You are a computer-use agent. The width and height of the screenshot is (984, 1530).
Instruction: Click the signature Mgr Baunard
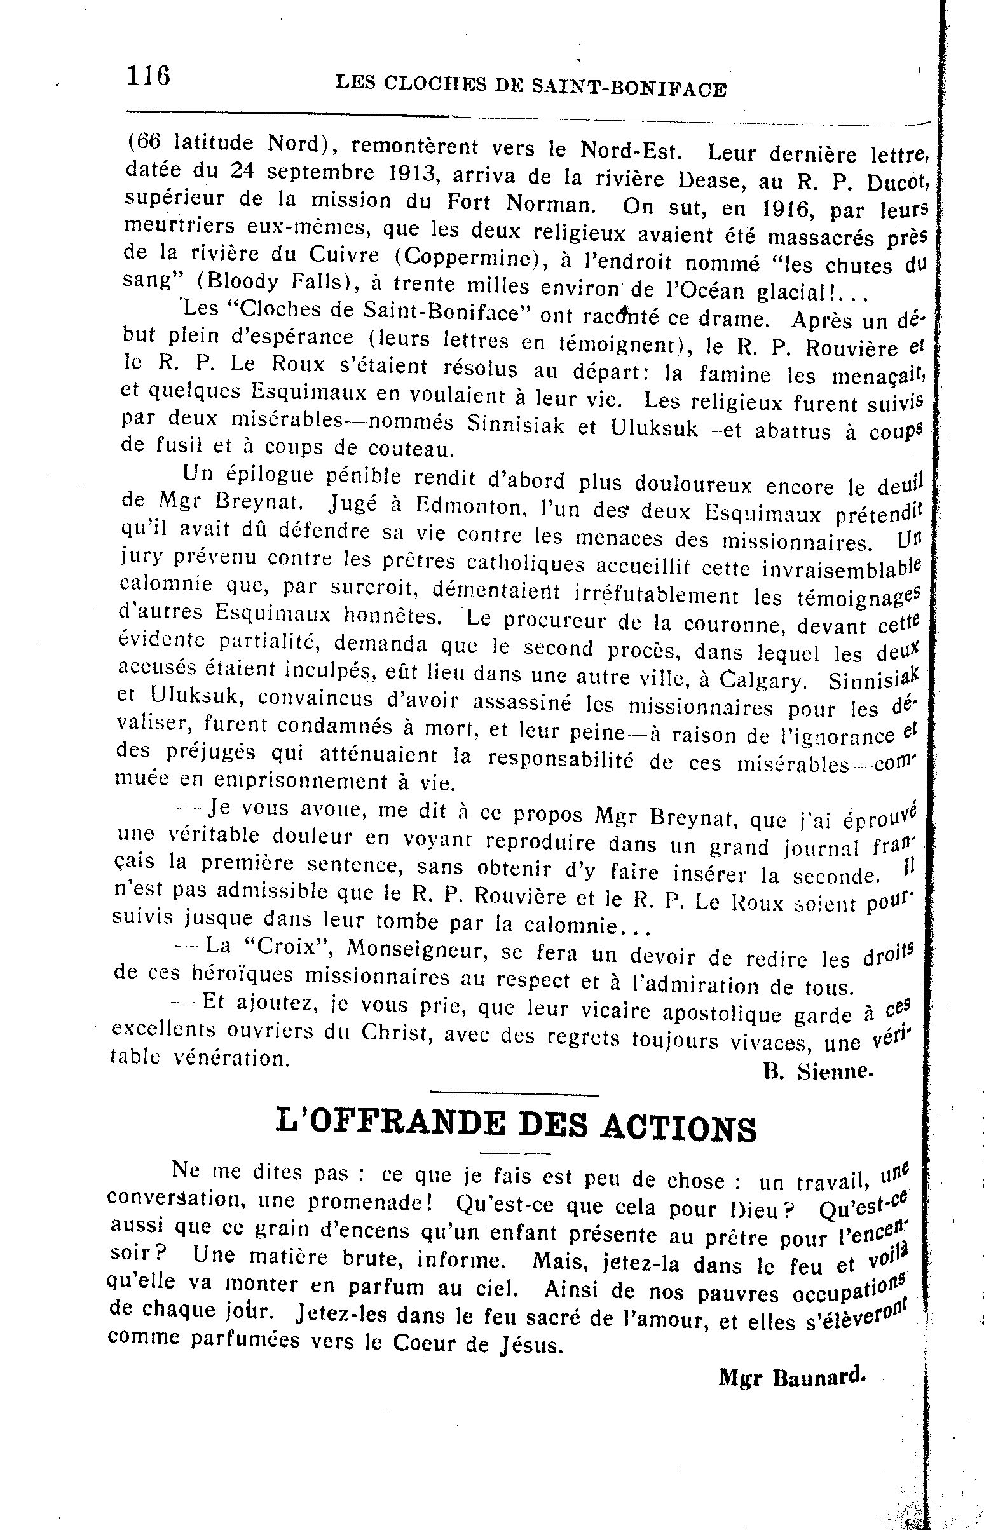793,1378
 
